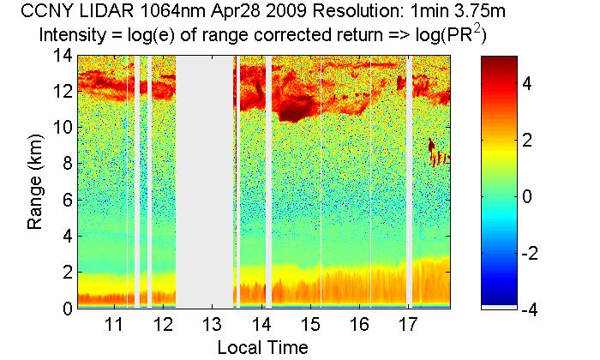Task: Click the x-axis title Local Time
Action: pos(261,346)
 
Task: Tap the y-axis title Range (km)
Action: pos(36,182)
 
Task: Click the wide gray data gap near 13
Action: pos(205,180)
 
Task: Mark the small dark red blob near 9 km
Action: pos(432,147)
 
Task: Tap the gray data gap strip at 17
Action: pos(409,180)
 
